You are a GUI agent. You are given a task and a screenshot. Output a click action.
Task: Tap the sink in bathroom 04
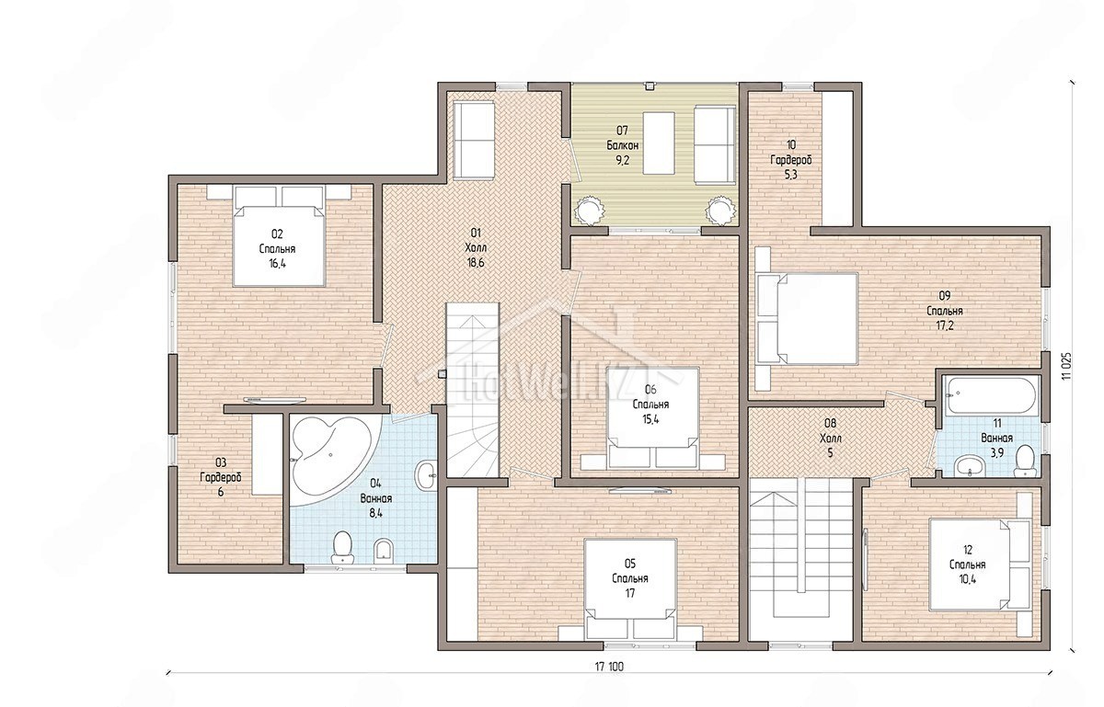pyautogui.click(x=426, y=475)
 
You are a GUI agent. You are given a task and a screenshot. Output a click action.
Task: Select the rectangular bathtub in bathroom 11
pyautogui.click(x=991, y=395)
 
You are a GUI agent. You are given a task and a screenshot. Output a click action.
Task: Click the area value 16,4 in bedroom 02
pyautogui.click(x=277, y=263)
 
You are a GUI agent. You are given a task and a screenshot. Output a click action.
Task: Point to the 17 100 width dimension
pyautogui.click(x=609, y=667)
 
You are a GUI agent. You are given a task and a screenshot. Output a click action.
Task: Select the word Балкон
pyautogui.click(x=623, y=145)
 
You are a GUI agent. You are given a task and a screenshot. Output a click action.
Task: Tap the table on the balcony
pyautogui.click(x=659, y=143)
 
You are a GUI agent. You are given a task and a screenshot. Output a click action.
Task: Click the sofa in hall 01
pyautogui.click(x=474, y=140)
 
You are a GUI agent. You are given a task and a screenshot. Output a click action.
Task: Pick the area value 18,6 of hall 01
pyautogui.click(x=476, y=263)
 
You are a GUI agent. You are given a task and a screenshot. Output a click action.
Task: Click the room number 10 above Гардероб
pyautogui.click(x=791, y=145)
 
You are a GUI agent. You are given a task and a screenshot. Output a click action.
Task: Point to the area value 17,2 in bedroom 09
pyautogui.click(x=944, y=325)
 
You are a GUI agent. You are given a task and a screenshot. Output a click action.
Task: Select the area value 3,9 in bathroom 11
pyautogui.click(x=997, y=452)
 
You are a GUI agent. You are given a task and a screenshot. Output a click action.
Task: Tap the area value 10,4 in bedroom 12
pyautogui.click(x=968, y=579)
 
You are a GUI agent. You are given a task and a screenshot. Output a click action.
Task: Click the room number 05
pyautogui.click(x=630, y=564)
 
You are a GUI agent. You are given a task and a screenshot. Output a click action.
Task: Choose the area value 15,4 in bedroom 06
pyautogui.click(x=650, y=419)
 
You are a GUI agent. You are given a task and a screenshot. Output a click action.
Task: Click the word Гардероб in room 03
pyautogui.click(x=220, y=477)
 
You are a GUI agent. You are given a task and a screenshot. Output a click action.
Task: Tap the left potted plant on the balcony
pyautogui.click(x=589, y=211)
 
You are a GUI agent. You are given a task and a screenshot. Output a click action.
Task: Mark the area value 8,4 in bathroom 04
pyautogui.click(x=376, y=513)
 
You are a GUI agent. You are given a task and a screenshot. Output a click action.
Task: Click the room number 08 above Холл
pyautogui.click(x=831, y=423)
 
